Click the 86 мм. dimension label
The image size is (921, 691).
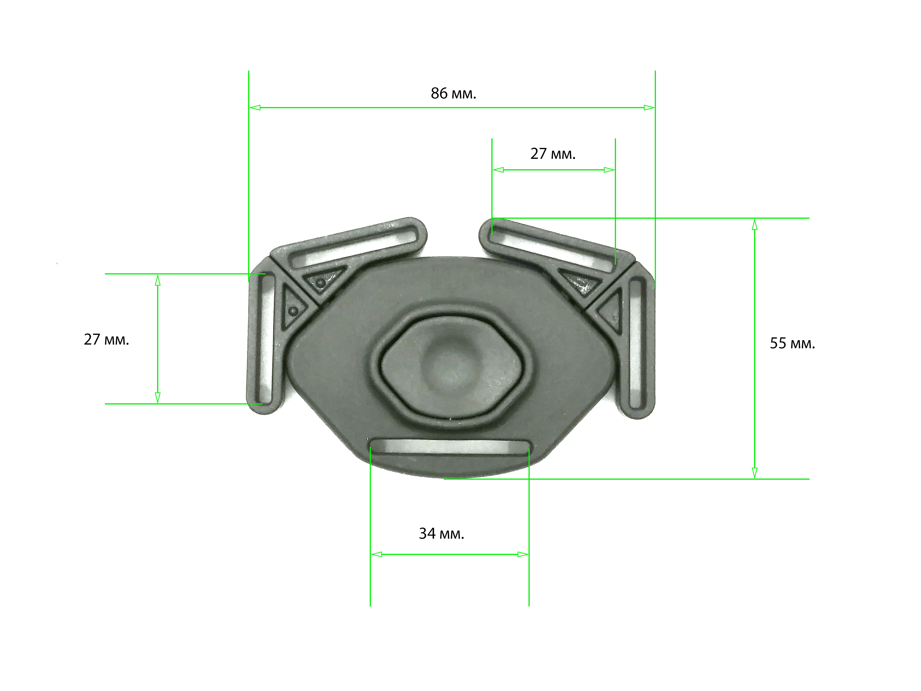point(454,93)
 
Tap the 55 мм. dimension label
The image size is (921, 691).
point(792,343)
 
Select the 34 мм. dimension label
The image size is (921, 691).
point(441,534)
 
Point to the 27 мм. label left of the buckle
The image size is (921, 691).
point(107,339)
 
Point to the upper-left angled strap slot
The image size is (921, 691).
point(354,246)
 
